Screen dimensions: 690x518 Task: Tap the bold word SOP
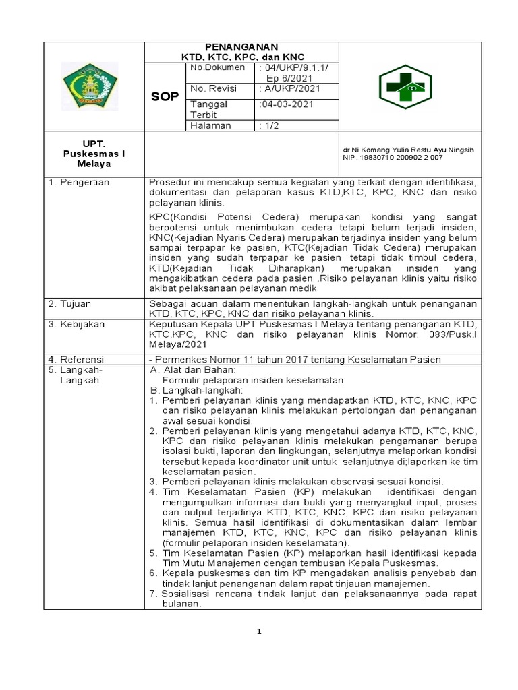165,96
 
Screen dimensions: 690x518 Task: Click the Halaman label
210,125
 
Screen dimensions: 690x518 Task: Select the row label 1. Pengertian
79,183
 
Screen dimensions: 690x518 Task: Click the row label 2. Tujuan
71,304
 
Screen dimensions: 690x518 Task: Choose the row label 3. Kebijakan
77,324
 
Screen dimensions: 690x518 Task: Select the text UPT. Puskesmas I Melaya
94,154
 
